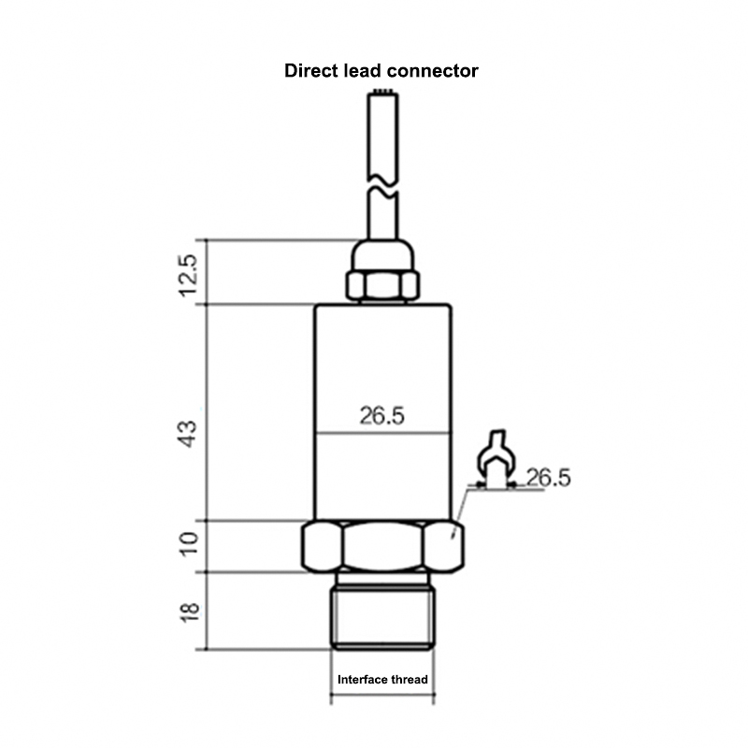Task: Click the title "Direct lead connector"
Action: pyautogui.click(x=381, y=71)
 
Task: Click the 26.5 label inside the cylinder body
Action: pyautogui.click(x=382, y=416)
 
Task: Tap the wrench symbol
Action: pyautogui.click(x=495, y=457)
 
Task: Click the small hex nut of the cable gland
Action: pyautogui.click(x=381, y=285)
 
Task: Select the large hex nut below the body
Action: pyautogui.click(x=382, y=546)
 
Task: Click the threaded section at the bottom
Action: pyautogui.click(x=382, y=617)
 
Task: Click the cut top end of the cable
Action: pyautogui.click(x=381, y=92)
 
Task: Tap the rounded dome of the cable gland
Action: pyautogui.click(x=381, y=254)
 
